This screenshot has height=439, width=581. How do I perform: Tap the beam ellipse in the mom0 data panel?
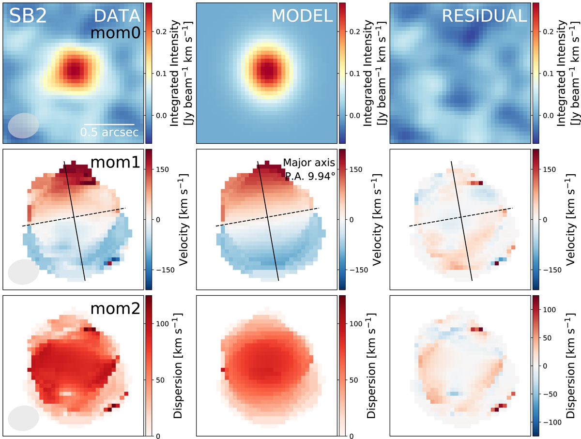(23, 125)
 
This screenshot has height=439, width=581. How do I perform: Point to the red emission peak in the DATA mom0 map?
(74, 70)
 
